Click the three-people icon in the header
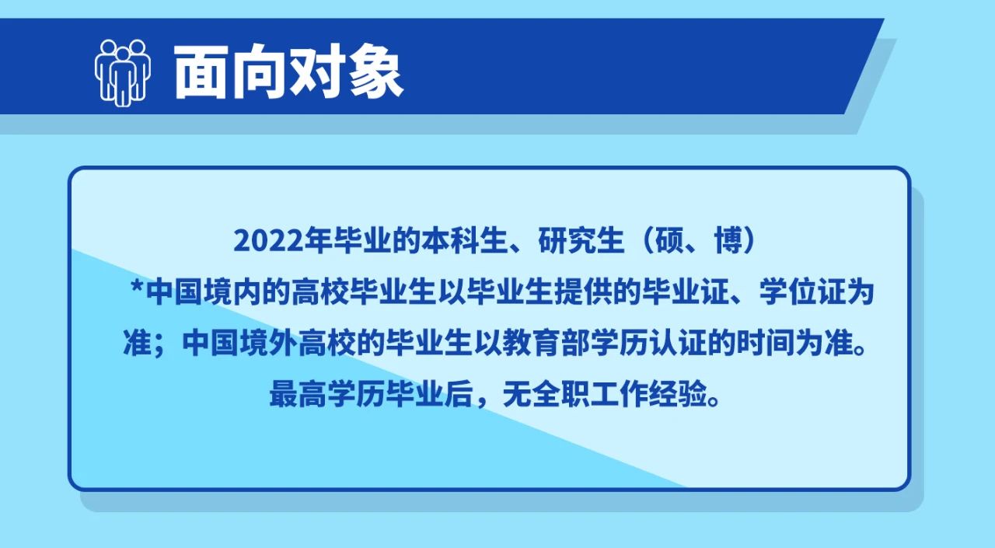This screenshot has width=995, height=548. click(122, 73)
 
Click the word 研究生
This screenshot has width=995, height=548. click(581, 241)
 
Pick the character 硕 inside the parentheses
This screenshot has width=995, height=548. click(670, 241)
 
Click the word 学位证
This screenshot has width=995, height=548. click(802, 292)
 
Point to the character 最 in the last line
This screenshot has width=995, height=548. click(284, 394)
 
